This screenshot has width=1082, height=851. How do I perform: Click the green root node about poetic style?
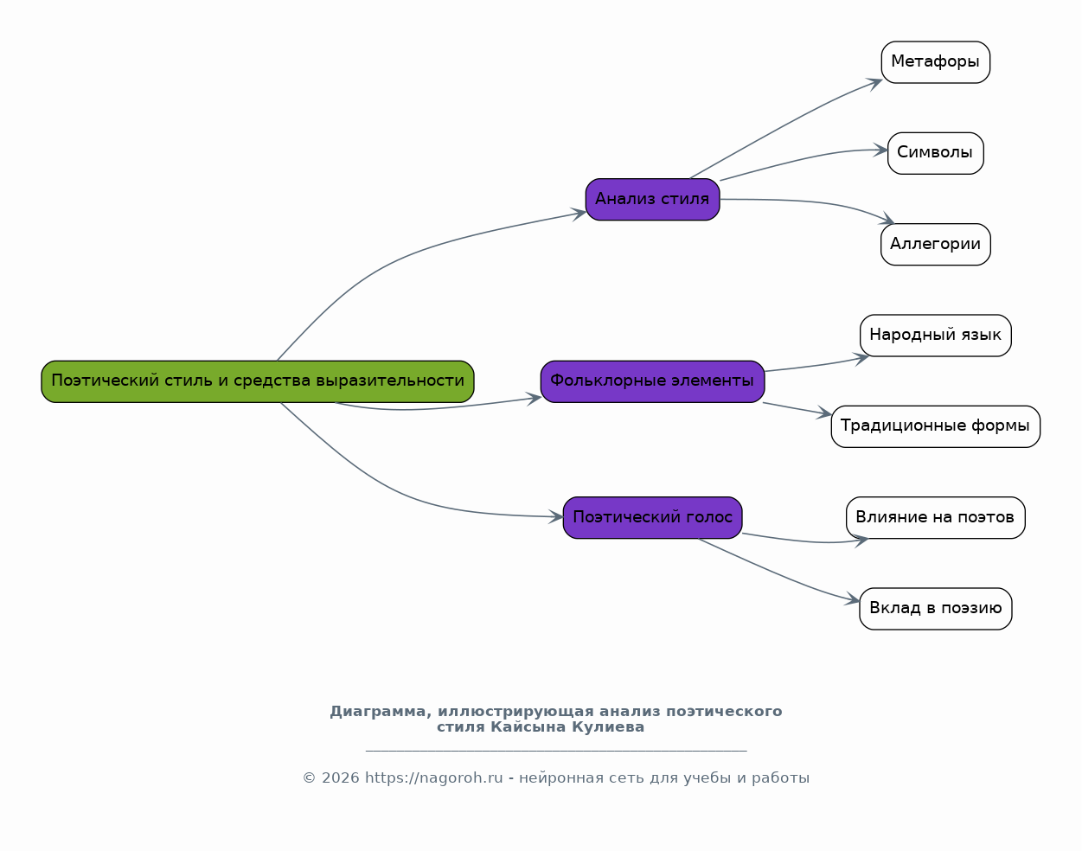(258, 381)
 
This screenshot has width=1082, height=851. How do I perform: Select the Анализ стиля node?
(652, 200)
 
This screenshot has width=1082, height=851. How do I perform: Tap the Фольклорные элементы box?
(652, 381)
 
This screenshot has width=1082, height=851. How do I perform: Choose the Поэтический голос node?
(652, 518)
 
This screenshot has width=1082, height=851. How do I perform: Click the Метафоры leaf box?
(935, 62)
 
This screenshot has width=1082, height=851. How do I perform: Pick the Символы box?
(935, 153)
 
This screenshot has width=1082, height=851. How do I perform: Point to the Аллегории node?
(935, 245)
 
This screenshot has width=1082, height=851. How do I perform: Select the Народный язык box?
(935, 336)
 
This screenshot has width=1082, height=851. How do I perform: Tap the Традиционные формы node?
(935, 426)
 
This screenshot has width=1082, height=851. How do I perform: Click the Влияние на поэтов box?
(935, 518)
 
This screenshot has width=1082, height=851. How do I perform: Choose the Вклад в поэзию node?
(935, 609)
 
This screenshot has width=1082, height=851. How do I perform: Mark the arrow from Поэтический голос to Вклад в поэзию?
(778, 573)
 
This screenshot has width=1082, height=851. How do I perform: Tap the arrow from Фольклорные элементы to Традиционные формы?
(796, 409)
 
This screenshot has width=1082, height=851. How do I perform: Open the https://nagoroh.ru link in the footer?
(433, 778)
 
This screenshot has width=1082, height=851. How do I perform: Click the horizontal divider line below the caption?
(555, 752)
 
